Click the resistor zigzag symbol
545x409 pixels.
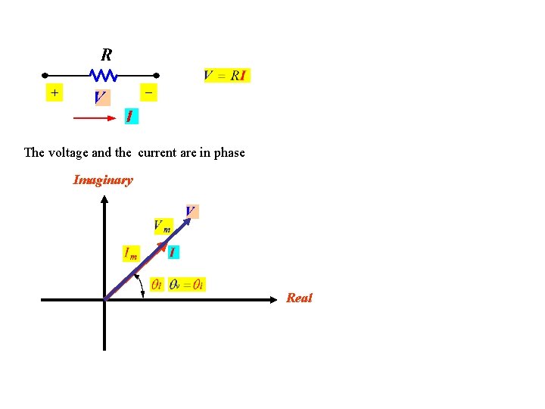103,75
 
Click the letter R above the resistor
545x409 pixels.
107,55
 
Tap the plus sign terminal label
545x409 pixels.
54,92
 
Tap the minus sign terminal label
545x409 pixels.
148,92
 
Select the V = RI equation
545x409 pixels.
226,76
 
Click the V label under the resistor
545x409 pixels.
101,98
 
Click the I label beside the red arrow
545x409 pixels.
130,117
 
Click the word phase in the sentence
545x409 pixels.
229,152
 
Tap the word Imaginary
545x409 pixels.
103,180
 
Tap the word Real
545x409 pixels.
299,298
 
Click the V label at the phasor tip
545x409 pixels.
191,211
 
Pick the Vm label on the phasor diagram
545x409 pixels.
163,226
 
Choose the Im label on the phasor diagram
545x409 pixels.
131,254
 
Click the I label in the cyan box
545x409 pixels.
173,252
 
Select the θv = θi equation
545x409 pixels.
187,285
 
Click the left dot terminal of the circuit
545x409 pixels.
45,76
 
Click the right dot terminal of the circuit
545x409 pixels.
156,76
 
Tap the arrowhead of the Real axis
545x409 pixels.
274,300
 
